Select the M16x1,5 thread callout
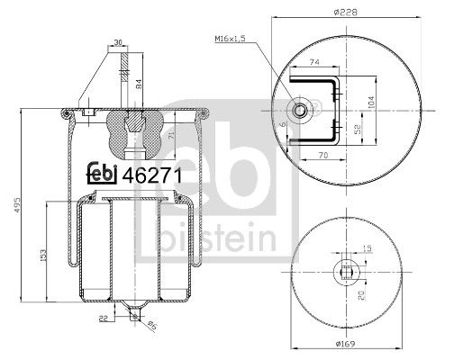(x=232, y=40)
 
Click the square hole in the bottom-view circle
(x=347, y=273)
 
